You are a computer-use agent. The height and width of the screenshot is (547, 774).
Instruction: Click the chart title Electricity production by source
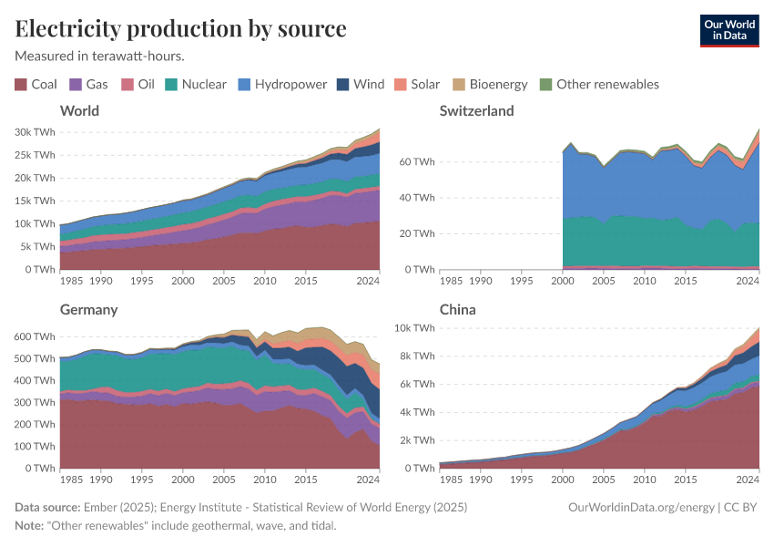(180, 28)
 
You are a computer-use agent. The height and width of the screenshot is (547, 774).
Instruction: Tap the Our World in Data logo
(728, 29)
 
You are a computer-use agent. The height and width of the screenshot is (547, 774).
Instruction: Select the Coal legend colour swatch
(21, 84)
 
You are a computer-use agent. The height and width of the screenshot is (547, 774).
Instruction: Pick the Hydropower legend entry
(282, 84)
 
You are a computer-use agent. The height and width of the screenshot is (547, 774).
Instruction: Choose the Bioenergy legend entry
(489, 84)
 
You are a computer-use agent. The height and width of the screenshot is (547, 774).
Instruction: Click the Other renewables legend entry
(598, 84)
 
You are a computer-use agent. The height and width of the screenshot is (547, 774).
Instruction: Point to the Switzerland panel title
(476, 111)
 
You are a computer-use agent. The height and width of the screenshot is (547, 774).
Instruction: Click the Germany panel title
(89, 310)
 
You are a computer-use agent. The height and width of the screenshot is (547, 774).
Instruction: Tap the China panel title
(457, 310)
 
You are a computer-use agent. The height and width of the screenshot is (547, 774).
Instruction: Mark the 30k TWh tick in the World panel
(35, 131)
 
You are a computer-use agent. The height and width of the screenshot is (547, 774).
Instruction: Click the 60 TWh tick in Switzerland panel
(415, 161)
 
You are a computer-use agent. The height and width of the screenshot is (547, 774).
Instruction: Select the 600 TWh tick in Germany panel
(37, 336)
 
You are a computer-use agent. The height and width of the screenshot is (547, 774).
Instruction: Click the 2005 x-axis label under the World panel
(224, 281)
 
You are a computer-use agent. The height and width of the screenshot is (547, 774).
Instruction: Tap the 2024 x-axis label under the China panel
(748, 480)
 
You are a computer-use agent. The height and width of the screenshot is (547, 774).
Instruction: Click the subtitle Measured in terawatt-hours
(100, 56)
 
